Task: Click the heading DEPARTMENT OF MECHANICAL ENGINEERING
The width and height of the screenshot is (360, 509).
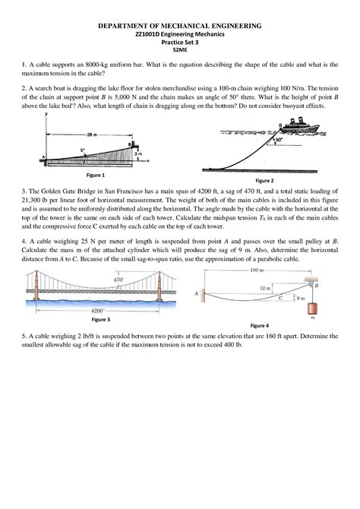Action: pos(179,25)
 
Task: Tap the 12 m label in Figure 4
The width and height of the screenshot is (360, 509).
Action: pos(264,289)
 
